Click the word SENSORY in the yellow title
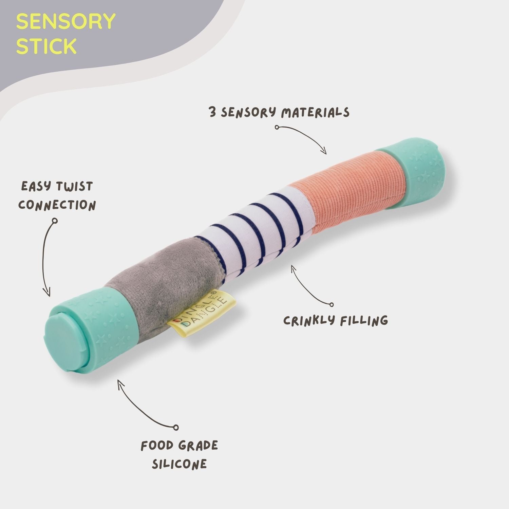pyautogui.click(x=66, y=22)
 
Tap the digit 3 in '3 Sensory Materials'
pyautogui.click(x=213, y=112)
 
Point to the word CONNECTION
pyautogui.click(x=57, y=205)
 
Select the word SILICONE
pyautogui.click(x=179, y=464)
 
